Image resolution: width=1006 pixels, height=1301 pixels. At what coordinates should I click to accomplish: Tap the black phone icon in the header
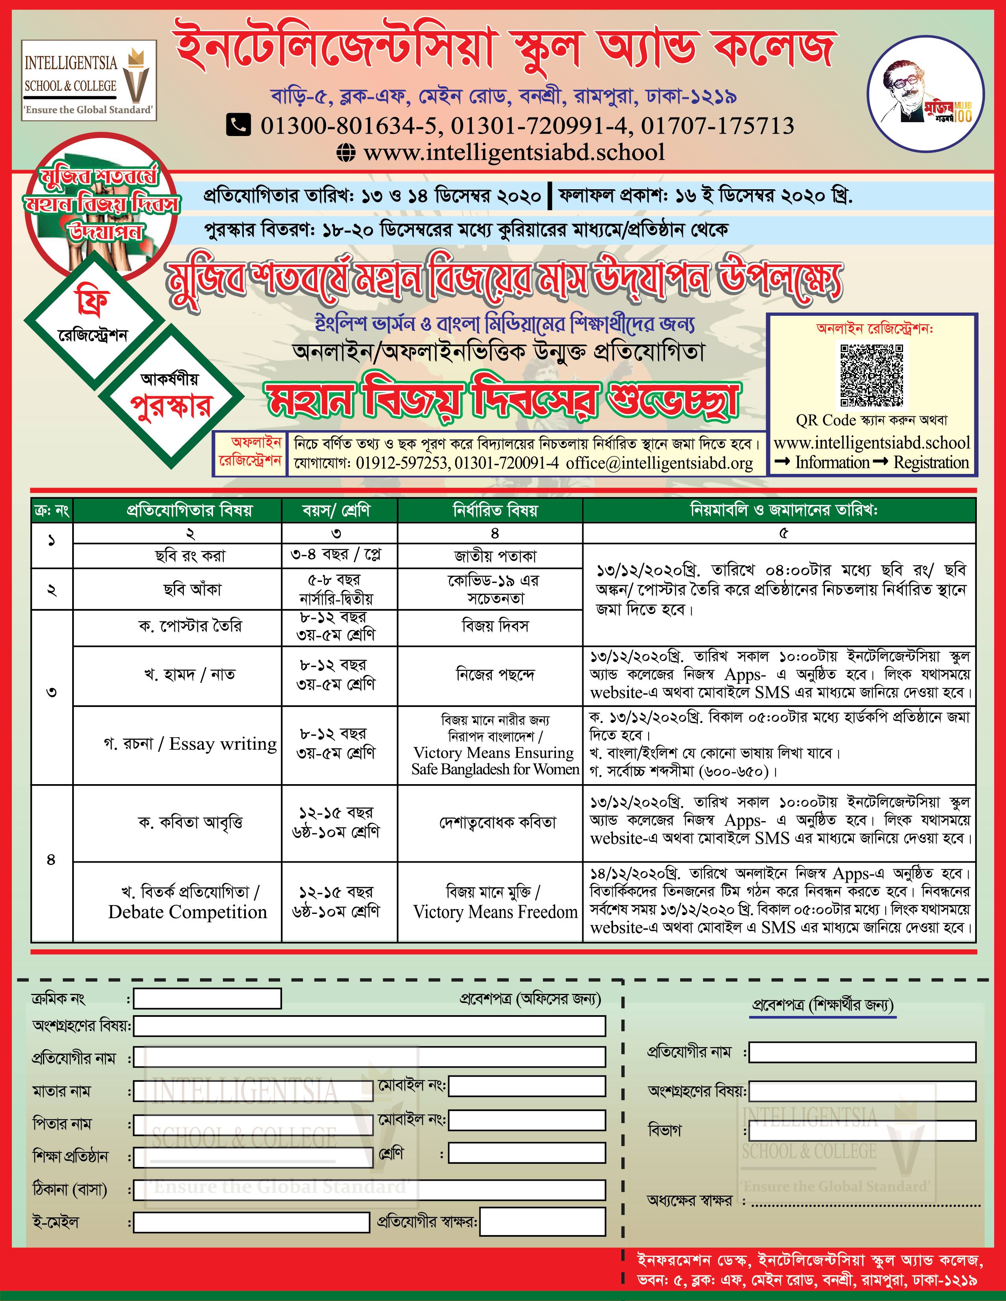tap(238, 125)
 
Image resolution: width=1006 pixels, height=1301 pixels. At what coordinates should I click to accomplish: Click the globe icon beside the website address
tap(346, 153)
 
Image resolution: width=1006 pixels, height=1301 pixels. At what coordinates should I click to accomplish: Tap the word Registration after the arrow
tap(931, 462)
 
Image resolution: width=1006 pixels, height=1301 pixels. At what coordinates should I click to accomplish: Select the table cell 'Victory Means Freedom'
tap(495, 911)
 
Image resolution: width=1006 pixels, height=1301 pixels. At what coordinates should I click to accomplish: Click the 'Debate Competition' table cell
tap(188, 911)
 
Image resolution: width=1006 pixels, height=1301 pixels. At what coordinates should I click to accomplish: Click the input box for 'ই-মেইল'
tap(251, 1223)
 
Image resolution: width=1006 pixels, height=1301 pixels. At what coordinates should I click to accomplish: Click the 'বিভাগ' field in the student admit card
tap(862, 1130)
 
